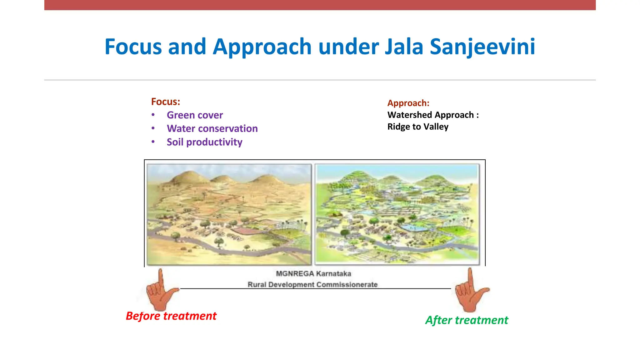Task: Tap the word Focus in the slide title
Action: click(x=133, y=47)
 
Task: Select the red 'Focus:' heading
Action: click(x=165, y=102)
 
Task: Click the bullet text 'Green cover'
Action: click(x=195, y=115)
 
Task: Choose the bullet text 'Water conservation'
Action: click(x=212, y=129)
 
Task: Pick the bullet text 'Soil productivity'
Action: click(x=204, y=142)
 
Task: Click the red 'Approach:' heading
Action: click(x=408, y=103)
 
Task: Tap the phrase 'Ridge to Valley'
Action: click(x=418, y=127)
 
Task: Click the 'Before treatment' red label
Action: click(x=171, y=316)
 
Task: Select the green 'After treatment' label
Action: click(x=467, y=320)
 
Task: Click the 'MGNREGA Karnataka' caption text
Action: click(x=313, y=274)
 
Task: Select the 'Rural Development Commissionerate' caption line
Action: click(x=312, y=285)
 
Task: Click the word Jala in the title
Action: click(x=403, y=47)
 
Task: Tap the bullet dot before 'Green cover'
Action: click(x=153, y=115)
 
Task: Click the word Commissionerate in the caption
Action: click(x=347, y=285)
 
